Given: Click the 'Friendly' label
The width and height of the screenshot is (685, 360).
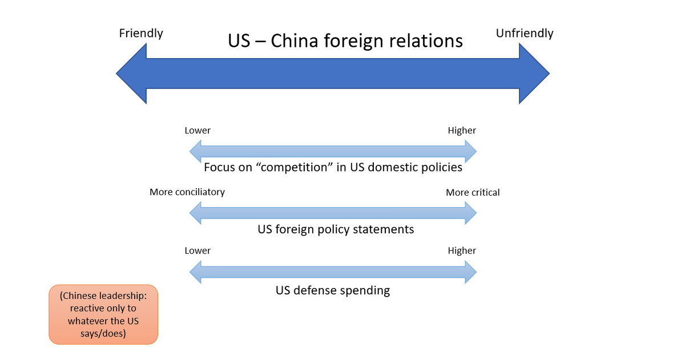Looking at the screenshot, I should [141, 33].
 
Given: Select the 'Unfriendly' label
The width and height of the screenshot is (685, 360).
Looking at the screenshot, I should [525, 33].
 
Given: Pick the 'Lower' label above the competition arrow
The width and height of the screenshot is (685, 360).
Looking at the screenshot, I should [198, 131].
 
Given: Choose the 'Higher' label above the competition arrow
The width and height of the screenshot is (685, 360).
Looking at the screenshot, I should [462, 131].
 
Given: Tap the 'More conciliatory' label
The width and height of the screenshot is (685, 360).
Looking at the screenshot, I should [187, 192].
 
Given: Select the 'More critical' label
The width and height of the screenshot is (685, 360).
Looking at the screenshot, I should [473, 193].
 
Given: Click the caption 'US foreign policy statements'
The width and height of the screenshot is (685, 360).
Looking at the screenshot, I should [336, 229].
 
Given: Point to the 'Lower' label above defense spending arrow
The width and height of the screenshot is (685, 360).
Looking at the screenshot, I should [198, 251].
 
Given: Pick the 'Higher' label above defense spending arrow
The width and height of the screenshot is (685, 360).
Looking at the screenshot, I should [462, 251].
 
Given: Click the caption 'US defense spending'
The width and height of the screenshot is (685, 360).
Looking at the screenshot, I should [333, 290].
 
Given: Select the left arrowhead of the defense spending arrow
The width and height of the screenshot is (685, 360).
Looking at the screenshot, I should [195, 272].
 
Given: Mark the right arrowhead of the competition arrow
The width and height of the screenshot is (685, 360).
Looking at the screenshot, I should [471, 151].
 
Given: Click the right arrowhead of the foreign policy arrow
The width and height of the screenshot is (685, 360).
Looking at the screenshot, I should [471, 213].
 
